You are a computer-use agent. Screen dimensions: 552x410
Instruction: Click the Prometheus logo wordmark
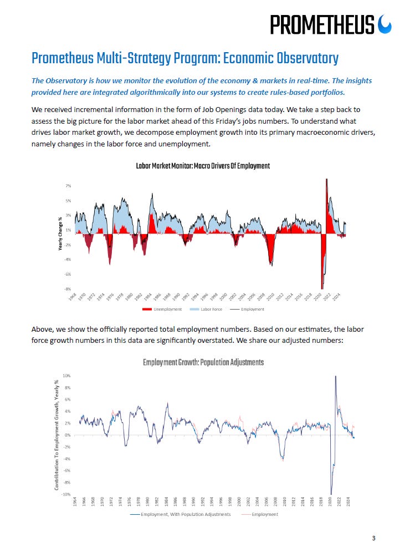tap(322, 24)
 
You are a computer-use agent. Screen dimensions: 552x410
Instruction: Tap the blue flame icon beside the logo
tap(385, 24)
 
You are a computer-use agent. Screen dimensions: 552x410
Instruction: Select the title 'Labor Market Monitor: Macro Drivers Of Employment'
tap(203, 166)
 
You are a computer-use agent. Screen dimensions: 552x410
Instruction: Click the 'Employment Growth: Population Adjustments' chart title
tap(203, 362)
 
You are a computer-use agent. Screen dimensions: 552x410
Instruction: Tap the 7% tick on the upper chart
tap(68, 185)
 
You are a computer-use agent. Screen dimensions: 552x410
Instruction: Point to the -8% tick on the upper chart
tap(67, 289)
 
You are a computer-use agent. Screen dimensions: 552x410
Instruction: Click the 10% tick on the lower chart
tap(66, 376)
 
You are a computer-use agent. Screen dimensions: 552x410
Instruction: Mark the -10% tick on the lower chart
tap(65, 494)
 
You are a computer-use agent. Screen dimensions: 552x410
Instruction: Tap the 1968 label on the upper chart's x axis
tap(74, 297)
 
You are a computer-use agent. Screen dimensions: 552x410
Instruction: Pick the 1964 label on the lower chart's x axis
tap(75, 503)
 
